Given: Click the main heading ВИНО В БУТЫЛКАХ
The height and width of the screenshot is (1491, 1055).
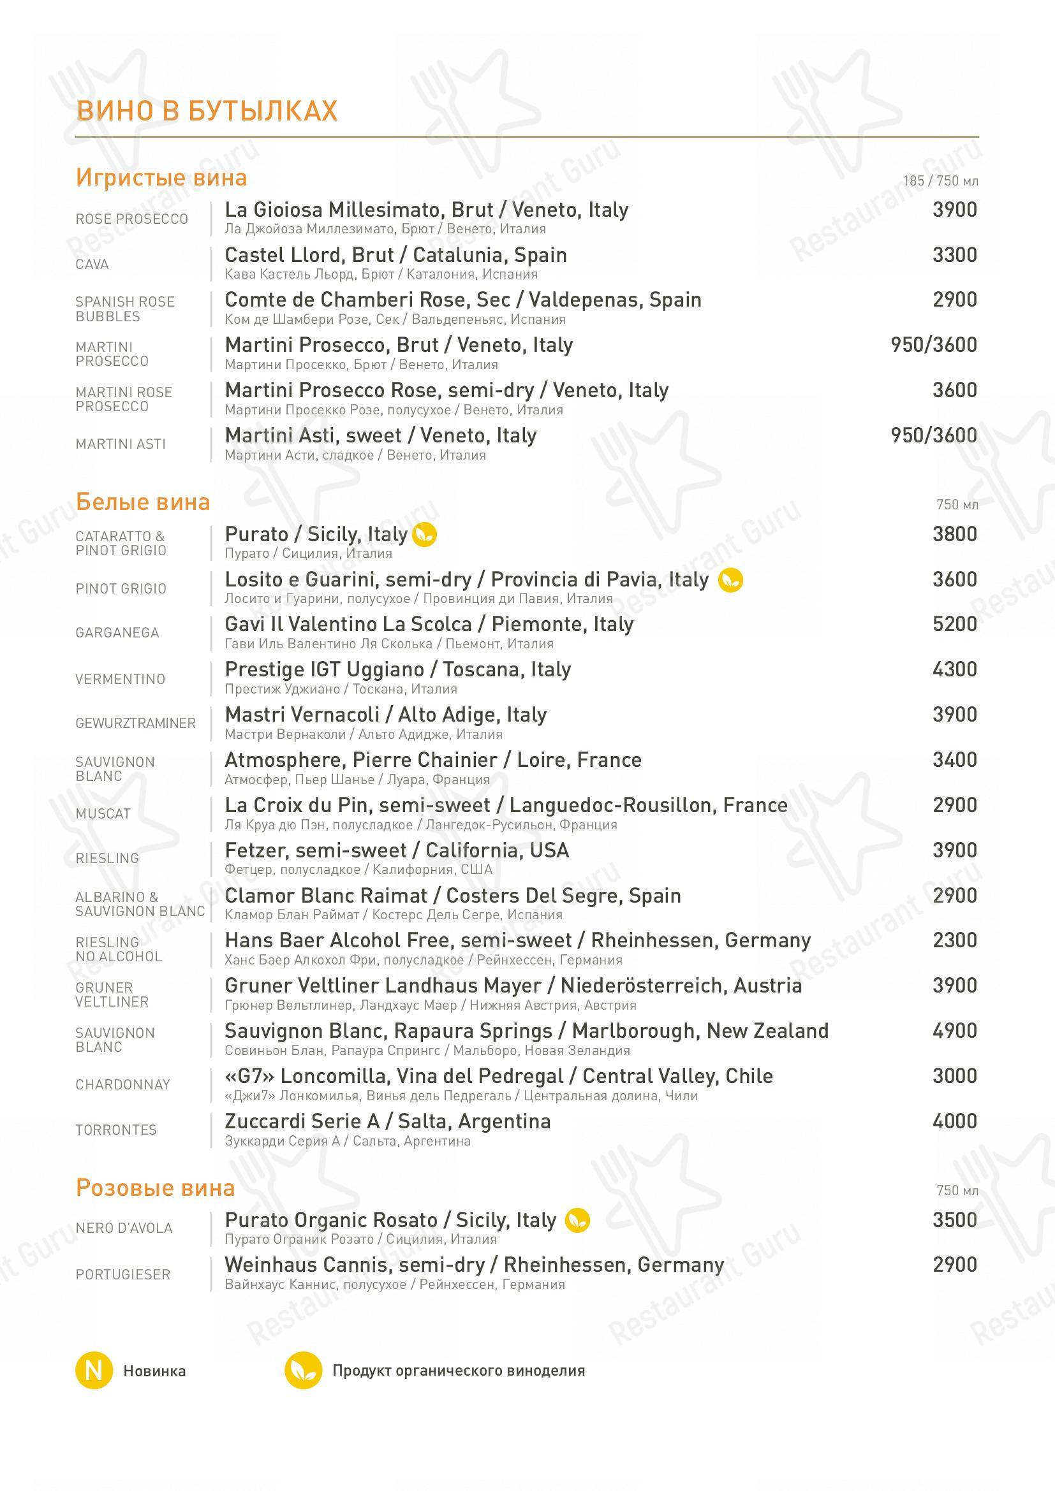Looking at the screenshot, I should (207, 111).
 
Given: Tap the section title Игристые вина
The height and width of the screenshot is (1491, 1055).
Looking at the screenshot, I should (161, 177).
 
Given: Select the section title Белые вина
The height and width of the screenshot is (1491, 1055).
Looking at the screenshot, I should (143, 502).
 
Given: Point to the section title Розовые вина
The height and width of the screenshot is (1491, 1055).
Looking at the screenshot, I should (155, 1188).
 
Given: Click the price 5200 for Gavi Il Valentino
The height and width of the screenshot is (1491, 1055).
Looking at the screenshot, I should (954, 624).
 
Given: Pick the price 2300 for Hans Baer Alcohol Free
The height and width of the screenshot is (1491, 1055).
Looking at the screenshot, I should (954, 940).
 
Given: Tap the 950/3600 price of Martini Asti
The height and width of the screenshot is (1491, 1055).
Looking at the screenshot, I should (934, 435).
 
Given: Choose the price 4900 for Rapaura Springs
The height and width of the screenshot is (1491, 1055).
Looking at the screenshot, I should (954, 1031).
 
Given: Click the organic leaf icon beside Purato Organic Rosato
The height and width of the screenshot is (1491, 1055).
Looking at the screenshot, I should (577, 1220).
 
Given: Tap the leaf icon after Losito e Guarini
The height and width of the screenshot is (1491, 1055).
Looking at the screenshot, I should (730, 580).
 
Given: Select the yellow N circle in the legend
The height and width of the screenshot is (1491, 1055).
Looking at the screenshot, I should (94, 1371).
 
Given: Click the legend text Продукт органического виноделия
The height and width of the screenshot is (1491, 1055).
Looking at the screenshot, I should (459, 1371).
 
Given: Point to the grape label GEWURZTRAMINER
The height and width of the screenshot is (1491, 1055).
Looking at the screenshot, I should (135, 724).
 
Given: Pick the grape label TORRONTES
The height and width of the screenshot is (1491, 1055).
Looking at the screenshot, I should (115, 1130).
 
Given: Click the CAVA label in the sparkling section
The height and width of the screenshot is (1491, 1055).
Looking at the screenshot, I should (92, 265).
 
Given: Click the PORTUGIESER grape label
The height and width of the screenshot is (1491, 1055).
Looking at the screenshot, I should (122, 1274).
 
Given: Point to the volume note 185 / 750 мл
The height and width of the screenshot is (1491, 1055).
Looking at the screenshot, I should (940, 181).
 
